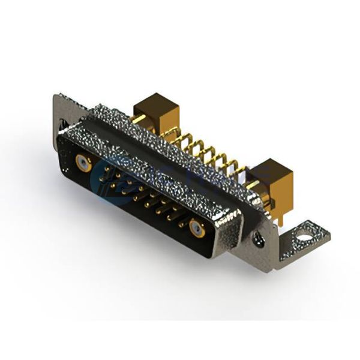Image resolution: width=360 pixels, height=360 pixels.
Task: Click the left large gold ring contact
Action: [83, 163]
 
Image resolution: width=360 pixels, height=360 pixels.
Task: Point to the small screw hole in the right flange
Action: [259, 239]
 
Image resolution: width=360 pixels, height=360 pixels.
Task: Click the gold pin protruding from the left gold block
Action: [138, 119]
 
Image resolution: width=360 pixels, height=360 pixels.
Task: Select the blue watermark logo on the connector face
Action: [129, 174]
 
